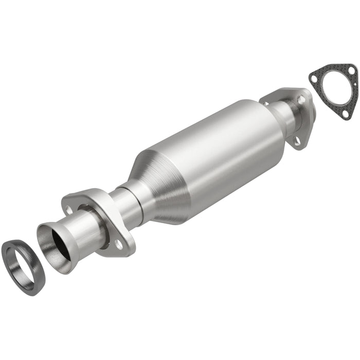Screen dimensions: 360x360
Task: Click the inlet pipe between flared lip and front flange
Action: coord(82,226)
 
